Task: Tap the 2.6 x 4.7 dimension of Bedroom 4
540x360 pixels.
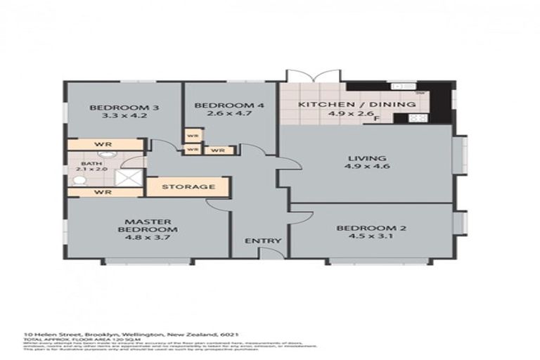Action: (219, 117)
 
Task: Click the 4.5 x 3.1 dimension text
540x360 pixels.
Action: (362, 237)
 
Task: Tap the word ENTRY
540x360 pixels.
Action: (263, 241)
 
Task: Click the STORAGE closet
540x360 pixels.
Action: (188, 187)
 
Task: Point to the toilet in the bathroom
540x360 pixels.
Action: (79, 181)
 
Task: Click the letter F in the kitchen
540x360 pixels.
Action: (377, 119)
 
